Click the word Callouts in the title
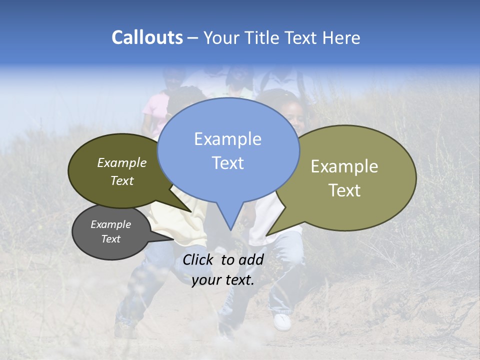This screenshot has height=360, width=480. (147, 37)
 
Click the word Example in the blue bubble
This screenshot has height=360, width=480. (227, 138)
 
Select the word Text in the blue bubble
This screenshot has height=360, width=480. (227, 163)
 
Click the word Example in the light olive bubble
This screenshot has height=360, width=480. (344, 166)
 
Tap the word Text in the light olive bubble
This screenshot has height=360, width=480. (344, 190)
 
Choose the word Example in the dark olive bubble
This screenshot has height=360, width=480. (121, 162)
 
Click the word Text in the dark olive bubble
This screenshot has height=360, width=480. (121, 180)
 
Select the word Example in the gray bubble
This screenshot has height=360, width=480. (110, 224)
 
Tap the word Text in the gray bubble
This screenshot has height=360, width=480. (110, 239)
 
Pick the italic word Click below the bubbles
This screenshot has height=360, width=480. (199, 259)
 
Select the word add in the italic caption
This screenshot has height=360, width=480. (251, 259)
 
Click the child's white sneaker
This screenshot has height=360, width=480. (282, 322)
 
